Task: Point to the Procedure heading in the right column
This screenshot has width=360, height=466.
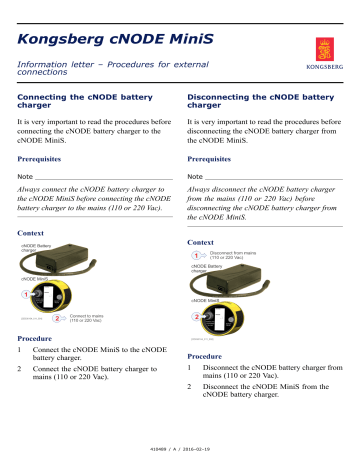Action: [210, 355]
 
